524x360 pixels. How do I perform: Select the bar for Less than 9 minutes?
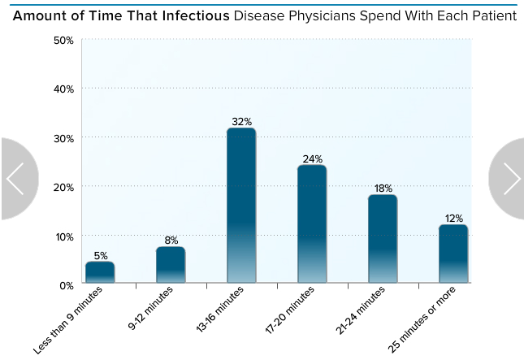pyautogui.click(x=100, y=272)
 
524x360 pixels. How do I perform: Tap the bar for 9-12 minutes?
pyautogui.click(x=171, y=265)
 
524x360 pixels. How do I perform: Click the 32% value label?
pyautogui.click(x=241, y=122)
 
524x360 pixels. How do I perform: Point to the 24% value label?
pyautogui.click(x=312, y=159)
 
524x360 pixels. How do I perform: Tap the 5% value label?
pyautogui.click(x=100, y=255)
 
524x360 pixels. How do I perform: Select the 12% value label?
pyautogui.click(x=453, y=219)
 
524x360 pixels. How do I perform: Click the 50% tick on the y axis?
pyautogui.click(x=63, y=41)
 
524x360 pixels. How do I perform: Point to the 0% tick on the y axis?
pyautogui.click(x=67, y=284)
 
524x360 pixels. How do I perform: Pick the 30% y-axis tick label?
pyautogui.click(x=63, y=138)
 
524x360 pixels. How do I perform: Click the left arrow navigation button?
pyautogui.click(x=15, y=179)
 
